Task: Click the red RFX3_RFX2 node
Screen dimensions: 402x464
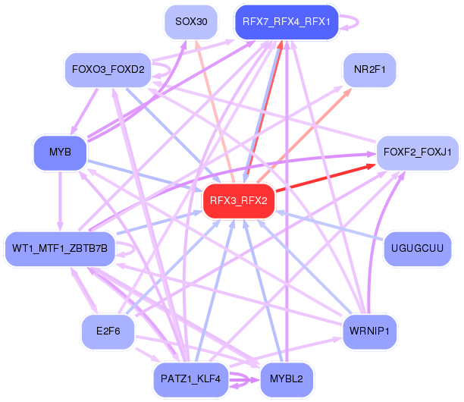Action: (x=238, y=201)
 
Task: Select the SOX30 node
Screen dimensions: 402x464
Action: (x=191, y=21)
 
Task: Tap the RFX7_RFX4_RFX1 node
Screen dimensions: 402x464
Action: (x=286, y=21)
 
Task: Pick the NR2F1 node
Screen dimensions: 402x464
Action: (x=369, y=71)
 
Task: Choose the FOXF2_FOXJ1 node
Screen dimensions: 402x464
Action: (x=418, y=152)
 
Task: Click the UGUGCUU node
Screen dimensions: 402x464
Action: (x=418, y=247)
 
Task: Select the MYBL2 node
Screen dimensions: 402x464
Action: (x=287, y=380)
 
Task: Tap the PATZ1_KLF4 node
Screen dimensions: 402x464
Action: (x=190, y=378)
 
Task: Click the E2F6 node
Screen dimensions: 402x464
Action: (x=108, y=331)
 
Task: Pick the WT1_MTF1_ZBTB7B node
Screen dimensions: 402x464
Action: (x=60, y=247)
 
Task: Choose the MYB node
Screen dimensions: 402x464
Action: (x=60, y=152)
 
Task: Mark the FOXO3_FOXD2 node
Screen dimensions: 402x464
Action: (x=108, y=71)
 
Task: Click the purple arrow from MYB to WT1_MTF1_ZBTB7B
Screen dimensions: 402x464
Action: (x=60, y=200)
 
